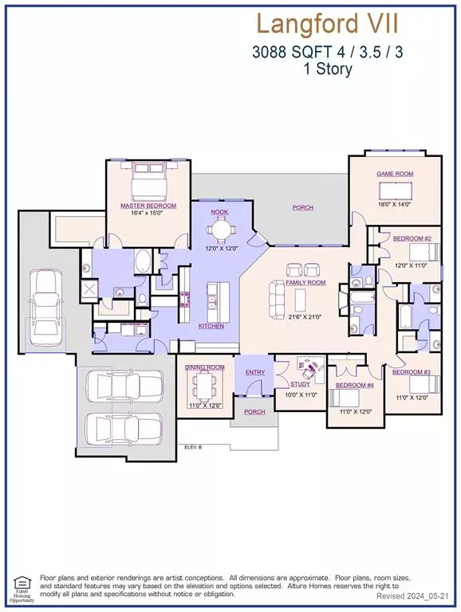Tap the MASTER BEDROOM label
(x=148, y=206)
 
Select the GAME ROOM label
(x=394, y=173)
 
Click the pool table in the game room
(x=395, y=190)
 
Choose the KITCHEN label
(x=211, y=326)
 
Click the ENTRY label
(x=255, y=372)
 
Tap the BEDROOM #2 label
(x=412, y=238)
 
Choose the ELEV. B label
(x=195, y=447)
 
